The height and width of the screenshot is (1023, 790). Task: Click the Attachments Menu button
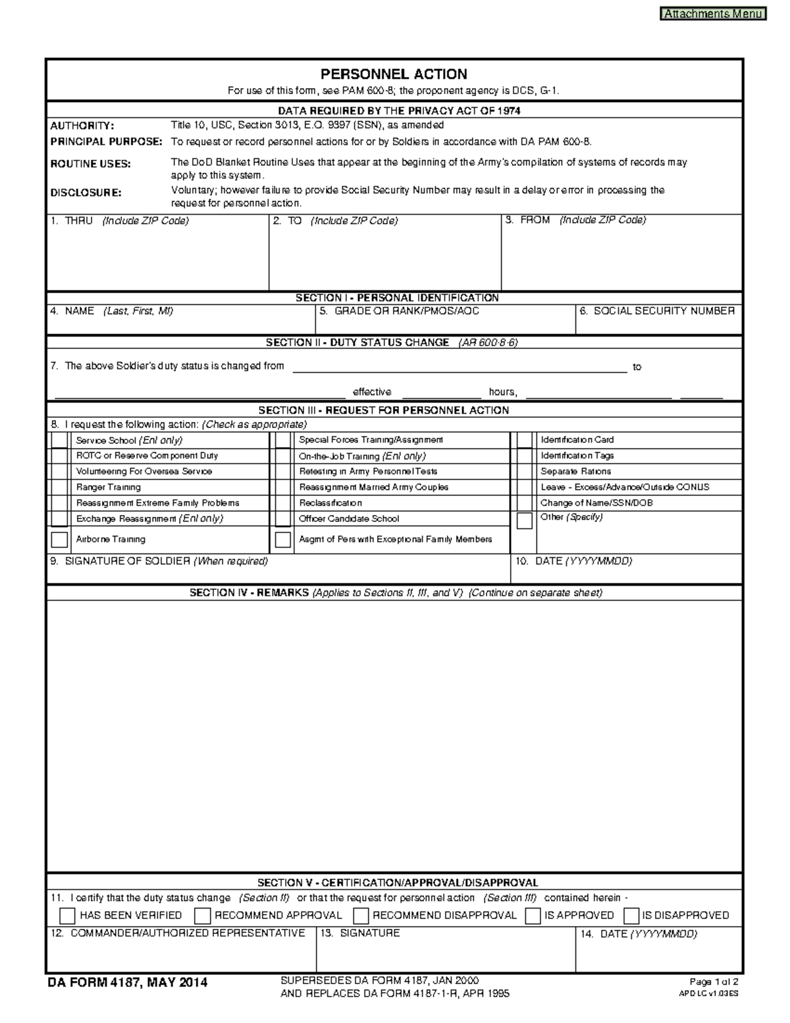point(713,13)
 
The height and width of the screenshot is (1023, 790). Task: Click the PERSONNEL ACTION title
point(394,74)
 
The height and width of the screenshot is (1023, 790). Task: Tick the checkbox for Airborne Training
point(59,539)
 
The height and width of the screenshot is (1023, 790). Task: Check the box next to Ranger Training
point(59,487)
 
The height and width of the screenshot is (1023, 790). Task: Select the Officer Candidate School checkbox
point(283,518)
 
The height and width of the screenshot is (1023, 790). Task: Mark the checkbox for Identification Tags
point(524,456)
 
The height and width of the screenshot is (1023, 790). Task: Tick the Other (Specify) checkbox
point(524,520)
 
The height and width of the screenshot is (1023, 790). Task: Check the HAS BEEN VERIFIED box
point(67,916)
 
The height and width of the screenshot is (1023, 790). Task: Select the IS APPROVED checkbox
point(533,916)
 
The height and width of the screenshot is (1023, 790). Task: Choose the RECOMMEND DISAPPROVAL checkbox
point(361,916)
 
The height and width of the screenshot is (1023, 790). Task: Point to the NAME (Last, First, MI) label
point(118,311)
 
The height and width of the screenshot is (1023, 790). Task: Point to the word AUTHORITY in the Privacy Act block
point(82,125)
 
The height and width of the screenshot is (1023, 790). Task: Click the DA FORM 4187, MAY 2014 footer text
point(128,983)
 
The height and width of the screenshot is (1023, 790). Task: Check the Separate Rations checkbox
point(524,472)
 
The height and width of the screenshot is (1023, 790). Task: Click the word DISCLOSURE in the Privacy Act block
point(86,193)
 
